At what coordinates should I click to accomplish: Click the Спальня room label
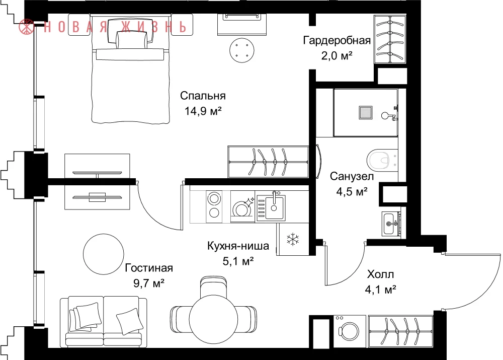[203, 96]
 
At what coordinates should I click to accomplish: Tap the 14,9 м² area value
[203, 111]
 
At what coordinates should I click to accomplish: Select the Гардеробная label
[337, 40]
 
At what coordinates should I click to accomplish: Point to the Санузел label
[352, 176]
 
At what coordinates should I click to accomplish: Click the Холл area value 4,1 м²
[380, 290]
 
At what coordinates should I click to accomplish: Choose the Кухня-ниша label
[238, 246]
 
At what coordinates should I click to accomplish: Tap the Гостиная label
[149, 268]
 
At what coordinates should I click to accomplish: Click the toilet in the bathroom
[382, 160]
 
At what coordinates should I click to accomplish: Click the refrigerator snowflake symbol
[293, 239]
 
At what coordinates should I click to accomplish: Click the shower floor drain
[365, 113]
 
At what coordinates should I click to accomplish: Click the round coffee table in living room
[103, 254]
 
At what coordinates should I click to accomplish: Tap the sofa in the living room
[103, 321]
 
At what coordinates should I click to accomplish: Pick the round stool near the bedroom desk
[242, 50]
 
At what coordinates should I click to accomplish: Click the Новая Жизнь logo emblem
[27, 27]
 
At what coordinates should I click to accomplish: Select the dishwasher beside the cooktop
[242, 206]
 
